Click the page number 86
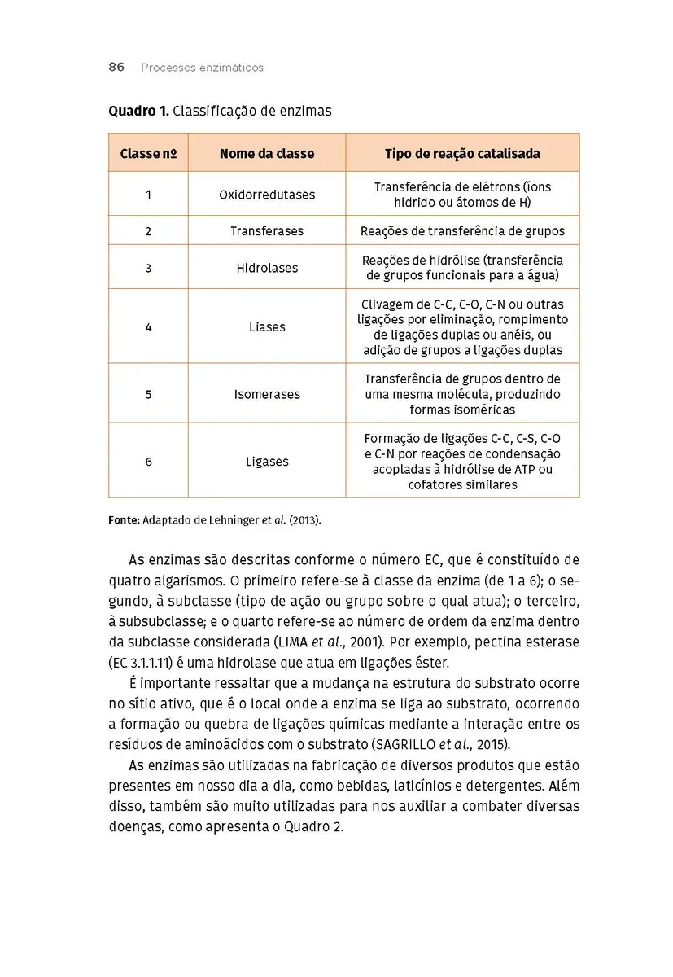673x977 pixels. click(x=116, y=68)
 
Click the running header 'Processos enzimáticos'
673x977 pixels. click(x=202, y=68)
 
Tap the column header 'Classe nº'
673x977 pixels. click(x=148, y=153)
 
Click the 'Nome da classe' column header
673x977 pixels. click(x=267, y=153)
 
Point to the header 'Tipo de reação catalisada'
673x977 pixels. click(x=462, y=153)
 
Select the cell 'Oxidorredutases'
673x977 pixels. click(x=267, y=195)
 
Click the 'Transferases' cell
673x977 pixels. click(x=267, y=231)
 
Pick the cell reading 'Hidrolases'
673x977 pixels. click(x=267, y=268)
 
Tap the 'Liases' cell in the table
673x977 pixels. click(x=267, y=327)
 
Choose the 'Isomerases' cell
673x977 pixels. click(x=267, y=394)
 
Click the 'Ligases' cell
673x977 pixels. click(x=267, y=462)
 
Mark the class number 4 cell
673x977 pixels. click(x=148, y=327)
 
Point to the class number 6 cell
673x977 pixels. click(x=148, y=462)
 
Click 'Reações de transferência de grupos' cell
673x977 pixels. click(x=462, y=231)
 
